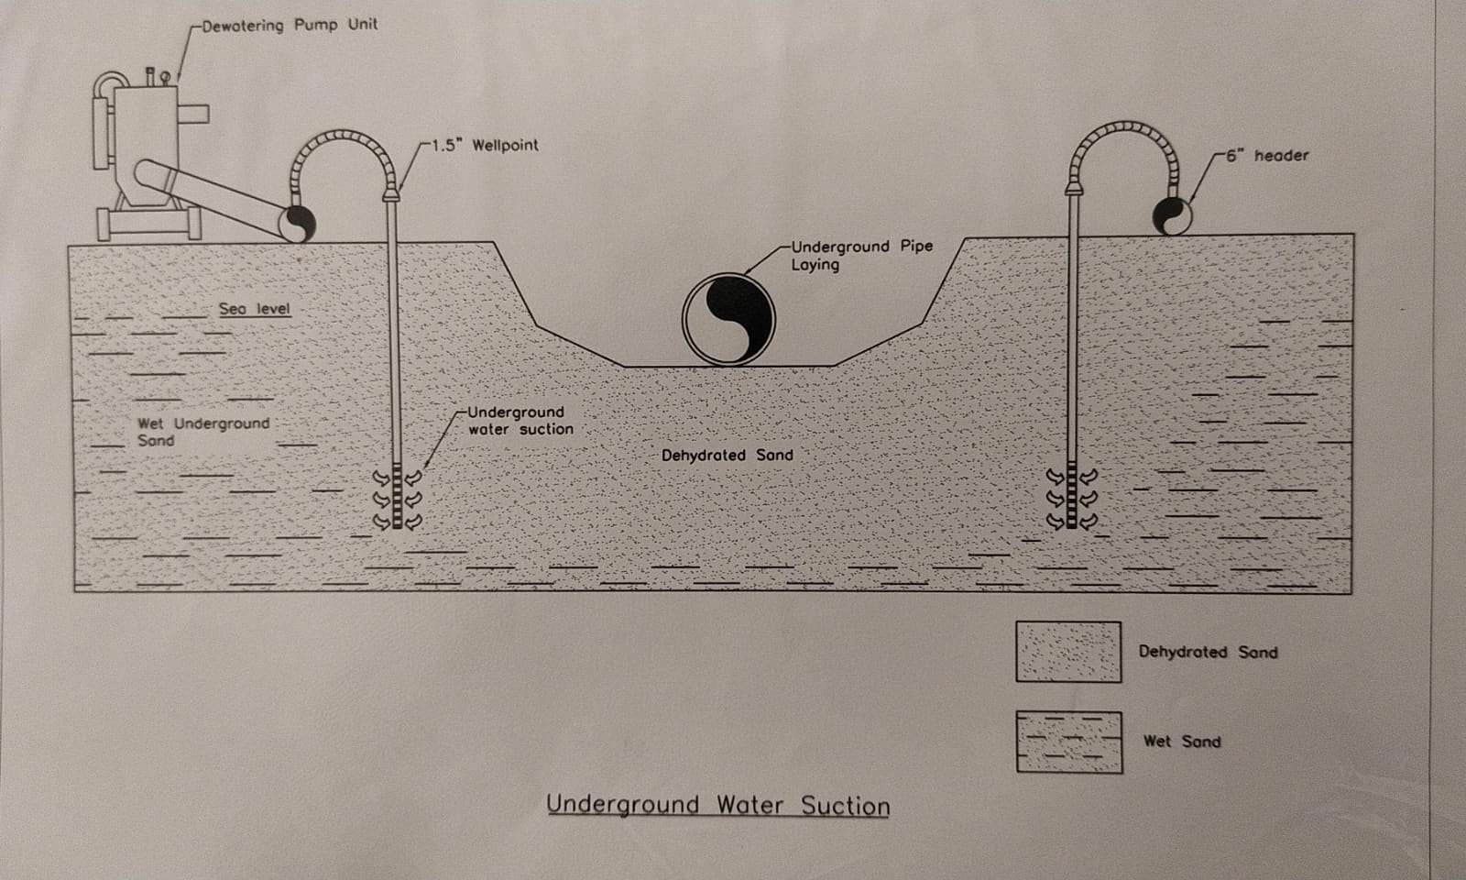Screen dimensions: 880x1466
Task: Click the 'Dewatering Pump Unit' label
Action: coord(290,25)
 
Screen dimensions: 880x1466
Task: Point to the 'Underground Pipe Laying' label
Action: coord(861,255)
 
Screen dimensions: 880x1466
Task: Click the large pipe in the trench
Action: coord(728,319)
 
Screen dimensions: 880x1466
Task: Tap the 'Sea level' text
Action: coord(254,309)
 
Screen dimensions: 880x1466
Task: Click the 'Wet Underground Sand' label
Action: coord(202,432)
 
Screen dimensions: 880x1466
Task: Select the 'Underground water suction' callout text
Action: coord(520,421)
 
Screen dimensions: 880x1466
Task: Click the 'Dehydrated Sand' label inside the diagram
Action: coord(727,455)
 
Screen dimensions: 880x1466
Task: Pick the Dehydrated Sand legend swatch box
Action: coord(1067,652)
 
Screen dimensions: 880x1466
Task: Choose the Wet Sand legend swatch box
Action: coord(1068,742)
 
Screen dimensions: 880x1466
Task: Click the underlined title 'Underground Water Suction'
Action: coord(717,806)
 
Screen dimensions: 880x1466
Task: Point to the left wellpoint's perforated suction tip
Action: coord(397,498)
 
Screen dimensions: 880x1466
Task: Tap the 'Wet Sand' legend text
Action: coord(1181,742)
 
